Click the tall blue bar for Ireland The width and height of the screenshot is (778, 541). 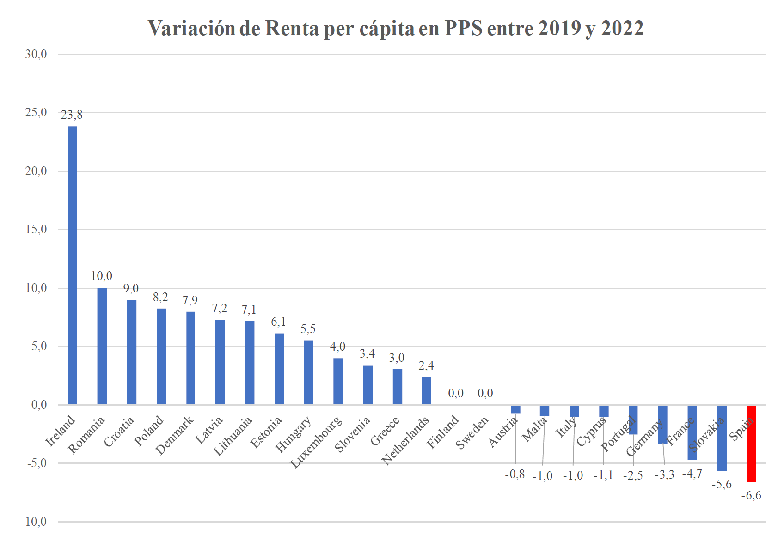click(x=73, y=265)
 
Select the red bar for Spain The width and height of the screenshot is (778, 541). click(x=751, y=444)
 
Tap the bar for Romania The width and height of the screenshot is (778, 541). click(x=102, y=346)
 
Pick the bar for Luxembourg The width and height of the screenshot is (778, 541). click(x=338, y=381)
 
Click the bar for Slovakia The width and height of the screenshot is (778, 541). click(x=722, y=438)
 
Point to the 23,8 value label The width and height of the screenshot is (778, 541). click(x=72, y=115)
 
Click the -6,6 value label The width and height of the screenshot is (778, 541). click(x=751, y=496)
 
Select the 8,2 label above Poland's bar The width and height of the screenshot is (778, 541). click(x=160, y=297)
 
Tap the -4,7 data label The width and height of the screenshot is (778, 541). click(x=692, y=474)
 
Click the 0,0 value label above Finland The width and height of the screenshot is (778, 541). click(x=456, y=393)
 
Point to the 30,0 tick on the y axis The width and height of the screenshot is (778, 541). click(x=36, y=55)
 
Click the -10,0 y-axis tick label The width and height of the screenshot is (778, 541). click(x=34, y=522)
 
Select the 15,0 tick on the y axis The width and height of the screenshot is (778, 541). click(x=36, y=229)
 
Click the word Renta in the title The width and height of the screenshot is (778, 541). click(x=292, y=29)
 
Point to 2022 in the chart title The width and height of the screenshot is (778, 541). click(x=622, y=29)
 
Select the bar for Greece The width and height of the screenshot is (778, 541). click(x=397, y=387)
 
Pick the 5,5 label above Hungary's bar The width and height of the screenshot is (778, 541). click(x=308, y=329)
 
